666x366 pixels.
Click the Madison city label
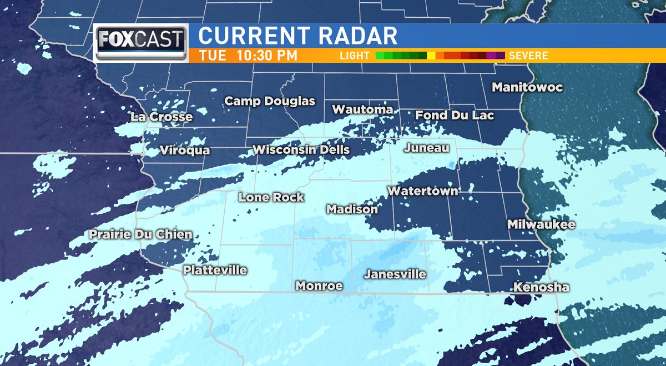pyautogui.click(x=352, y=209)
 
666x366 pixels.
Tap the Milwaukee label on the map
pyautogui.click(x=542, y=224)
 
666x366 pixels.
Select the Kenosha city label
pyautogui.click(x=541, y=287)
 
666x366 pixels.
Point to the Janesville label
pyautogui.click(x=395, y=274)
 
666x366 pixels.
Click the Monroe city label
pyautogui.click(x=319, y=286)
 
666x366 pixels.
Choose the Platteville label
pyautogui.click(x=215, y=270)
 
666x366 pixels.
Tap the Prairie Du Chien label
pyautogui.click(x=141, y=234)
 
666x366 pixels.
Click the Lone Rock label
pyautogui.click(x=271, y=197)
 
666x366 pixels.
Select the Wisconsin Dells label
pyautogui.click(x=301, y=149)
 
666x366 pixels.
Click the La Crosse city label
pyautogui.click(x=162, y=117)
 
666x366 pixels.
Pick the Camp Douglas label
pyautogui.click(x=270, y=101)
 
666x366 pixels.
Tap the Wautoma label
pyautogui.click(x=362, y=109)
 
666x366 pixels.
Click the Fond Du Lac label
pyautogui.click(x=455, y=116)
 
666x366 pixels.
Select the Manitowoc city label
pyautogui.click(x=527, y=87)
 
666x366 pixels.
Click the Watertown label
pyautogui.click(x=423, y=191)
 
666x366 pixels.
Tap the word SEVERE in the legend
pyautogui.click(x=528, y=56)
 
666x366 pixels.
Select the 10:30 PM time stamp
pyautogui.click(x=265, y=56)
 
